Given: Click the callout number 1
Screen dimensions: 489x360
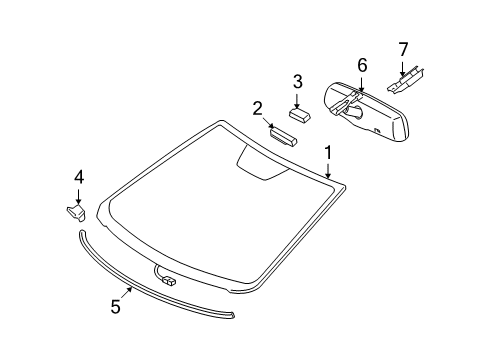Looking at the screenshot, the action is (x=327, y=152).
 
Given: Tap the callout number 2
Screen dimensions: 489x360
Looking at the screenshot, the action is (x=258, y=109).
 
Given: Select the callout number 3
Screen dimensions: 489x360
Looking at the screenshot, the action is (x=297, y=82).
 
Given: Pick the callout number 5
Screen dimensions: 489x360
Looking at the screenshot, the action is (x=115, y=307).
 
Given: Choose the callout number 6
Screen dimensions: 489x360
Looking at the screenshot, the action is (x=362, y=65).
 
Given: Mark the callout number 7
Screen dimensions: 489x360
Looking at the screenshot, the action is (x=404, y=48).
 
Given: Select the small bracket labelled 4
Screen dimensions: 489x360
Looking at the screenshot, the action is (x=74, y=212).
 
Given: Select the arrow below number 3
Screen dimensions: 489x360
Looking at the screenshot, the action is (x=297, y=97).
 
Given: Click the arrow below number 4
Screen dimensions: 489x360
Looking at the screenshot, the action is (x=78, y=196).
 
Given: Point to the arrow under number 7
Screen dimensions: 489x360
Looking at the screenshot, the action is (x=403, y=66).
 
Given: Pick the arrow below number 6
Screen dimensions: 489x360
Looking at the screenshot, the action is (x=360, y=82).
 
